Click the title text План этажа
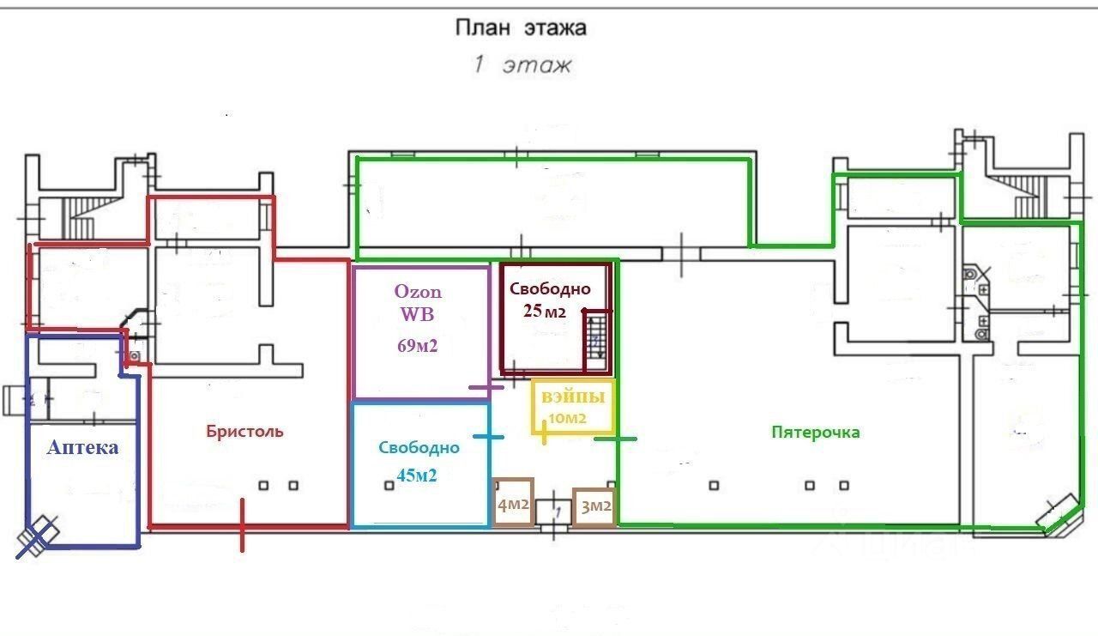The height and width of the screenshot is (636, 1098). (521, 27)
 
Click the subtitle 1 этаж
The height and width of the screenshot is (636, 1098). (522, 64)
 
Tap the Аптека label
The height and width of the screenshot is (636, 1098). (83, 447)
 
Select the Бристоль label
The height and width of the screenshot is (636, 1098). (244, 431)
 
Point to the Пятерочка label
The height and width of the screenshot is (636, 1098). (816, 432)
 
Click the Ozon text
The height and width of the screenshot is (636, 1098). (418, 292)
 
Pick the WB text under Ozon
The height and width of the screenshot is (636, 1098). (417, 314)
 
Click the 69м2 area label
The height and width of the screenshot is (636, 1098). (417, 346)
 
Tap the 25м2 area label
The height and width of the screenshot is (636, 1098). (544, 311)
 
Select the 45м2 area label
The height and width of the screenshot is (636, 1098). (417, 475)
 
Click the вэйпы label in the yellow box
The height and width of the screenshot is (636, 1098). (573, 397)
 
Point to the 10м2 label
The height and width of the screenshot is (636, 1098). (567, 418)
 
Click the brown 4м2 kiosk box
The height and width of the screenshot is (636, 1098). (513, 501)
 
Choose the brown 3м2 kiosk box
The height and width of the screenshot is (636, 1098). (594, 507)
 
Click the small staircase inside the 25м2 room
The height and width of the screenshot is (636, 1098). (597, 340)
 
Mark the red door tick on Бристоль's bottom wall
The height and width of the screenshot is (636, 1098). (242, 525)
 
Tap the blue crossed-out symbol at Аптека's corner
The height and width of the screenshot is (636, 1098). (37, 537)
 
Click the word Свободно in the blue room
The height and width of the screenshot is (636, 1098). (419, 447)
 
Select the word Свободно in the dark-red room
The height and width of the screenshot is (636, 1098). (550, 289)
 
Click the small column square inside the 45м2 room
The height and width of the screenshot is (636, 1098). (389, 486)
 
